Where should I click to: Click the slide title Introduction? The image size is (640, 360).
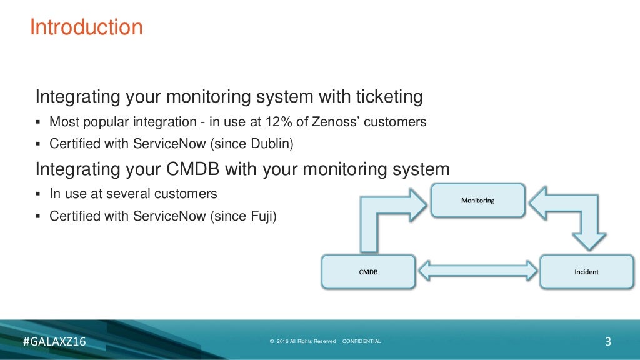coord(86,27)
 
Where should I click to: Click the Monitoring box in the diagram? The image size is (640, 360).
coord(477,201)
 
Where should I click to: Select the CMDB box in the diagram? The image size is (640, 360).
coord(367,272)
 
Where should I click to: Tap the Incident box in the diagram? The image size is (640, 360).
coord(586,272)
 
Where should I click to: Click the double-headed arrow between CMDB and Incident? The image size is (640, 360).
coord(478,271)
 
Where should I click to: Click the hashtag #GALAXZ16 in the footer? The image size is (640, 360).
coord(54,342)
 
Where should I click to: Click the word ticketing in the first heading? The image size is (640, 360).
coord(389,97)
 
